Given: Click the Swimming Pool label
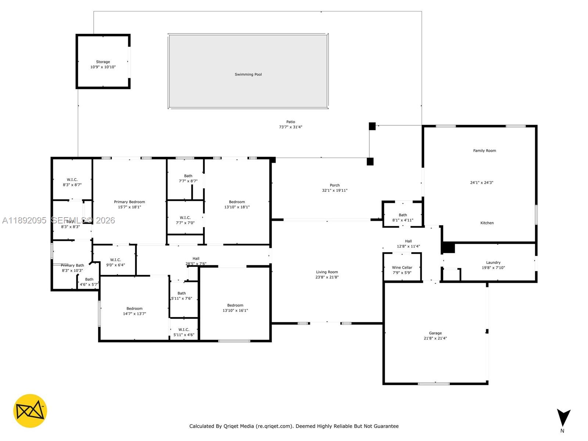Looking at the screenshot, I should click(x=248, y=74).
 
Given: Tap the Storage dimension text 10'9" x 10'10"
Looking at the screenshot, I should click(x=103, y=67).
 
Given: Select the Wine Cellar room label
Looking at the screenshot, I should click(x=402, y=268).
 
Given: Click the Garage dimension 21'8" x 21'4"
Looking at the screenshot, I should click(x=435, y=338).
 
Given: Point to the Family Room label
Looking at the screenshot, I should click(x=484, y=151).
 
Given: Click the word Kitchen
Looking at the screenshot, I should click(x=487, y=223).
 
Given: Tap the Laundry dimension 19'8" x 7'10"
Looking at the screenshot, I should click(x=493, y=268).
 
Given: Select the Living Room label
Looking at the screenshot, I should click(x=327, y=272).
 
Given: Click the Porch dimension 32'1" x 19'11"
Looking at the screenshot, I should click(x=334, y=191).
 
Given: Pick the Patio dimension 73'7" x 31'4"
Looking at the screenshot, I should click(x=290, y=127).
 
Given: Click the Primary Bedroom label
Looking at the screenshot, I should click(x=129, y=202).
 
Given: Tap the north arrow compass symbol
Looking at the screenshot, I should click(x=563, y=418).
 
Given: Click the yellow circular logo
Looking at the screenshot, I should click(x=30, y=411).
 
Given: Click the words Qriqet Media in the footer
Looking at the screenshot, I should click(x=239, y=426).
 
